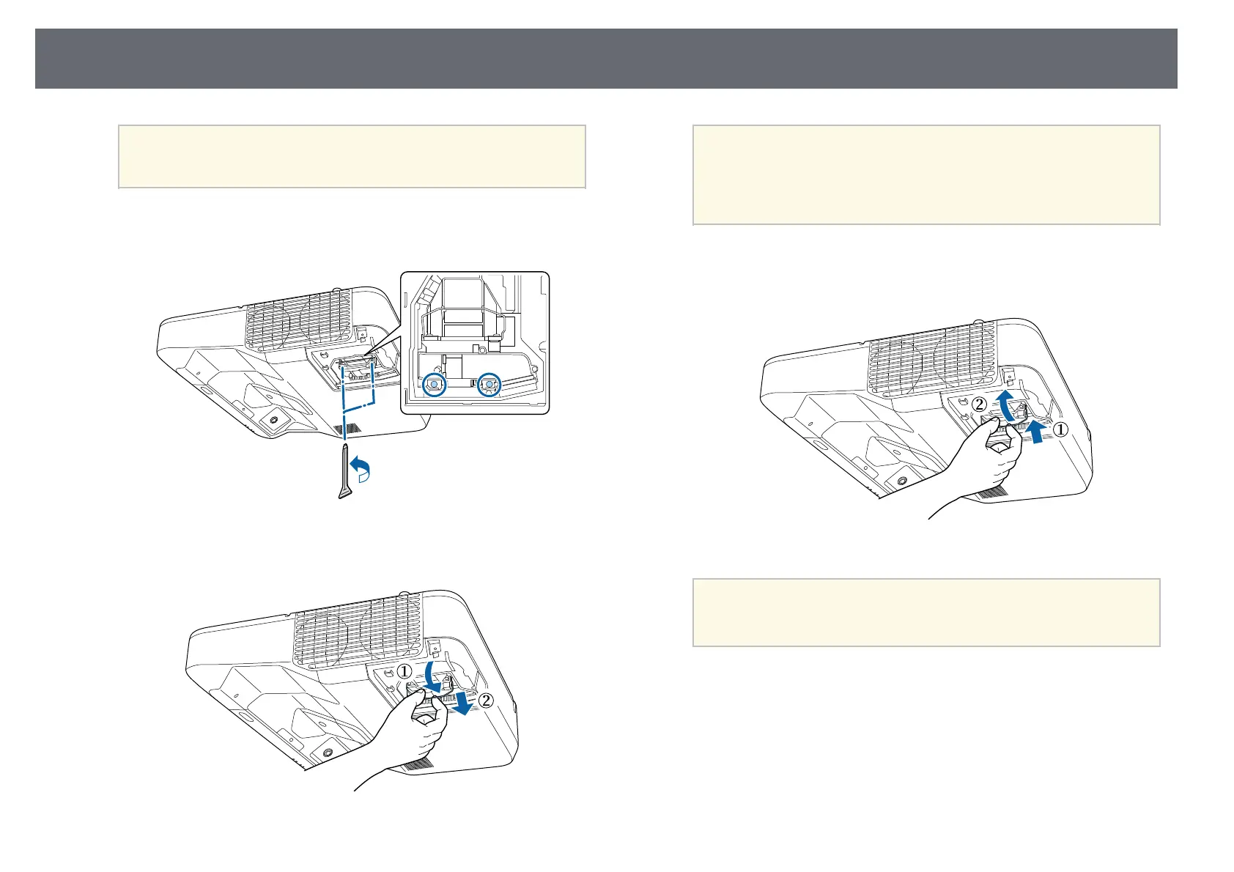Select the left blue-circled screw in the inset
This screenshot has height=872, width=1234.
[435, 384]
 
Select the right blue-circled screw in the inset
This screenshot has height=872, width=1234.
[489, 384]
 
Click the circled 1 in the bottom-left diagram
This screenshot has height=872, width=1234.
[404, 671]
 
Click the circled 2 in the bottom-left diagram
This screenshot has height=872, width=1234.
[486, 700]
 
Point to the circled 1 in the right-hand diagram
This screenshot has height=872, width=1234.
[1060, 430]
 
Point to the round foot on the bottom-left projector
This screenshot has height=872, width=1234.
[326, 772]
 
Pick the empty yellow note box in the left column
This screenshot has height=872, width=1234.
[352, 156]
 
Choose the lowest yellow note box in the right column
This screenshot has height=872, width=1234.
[926, 613]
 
